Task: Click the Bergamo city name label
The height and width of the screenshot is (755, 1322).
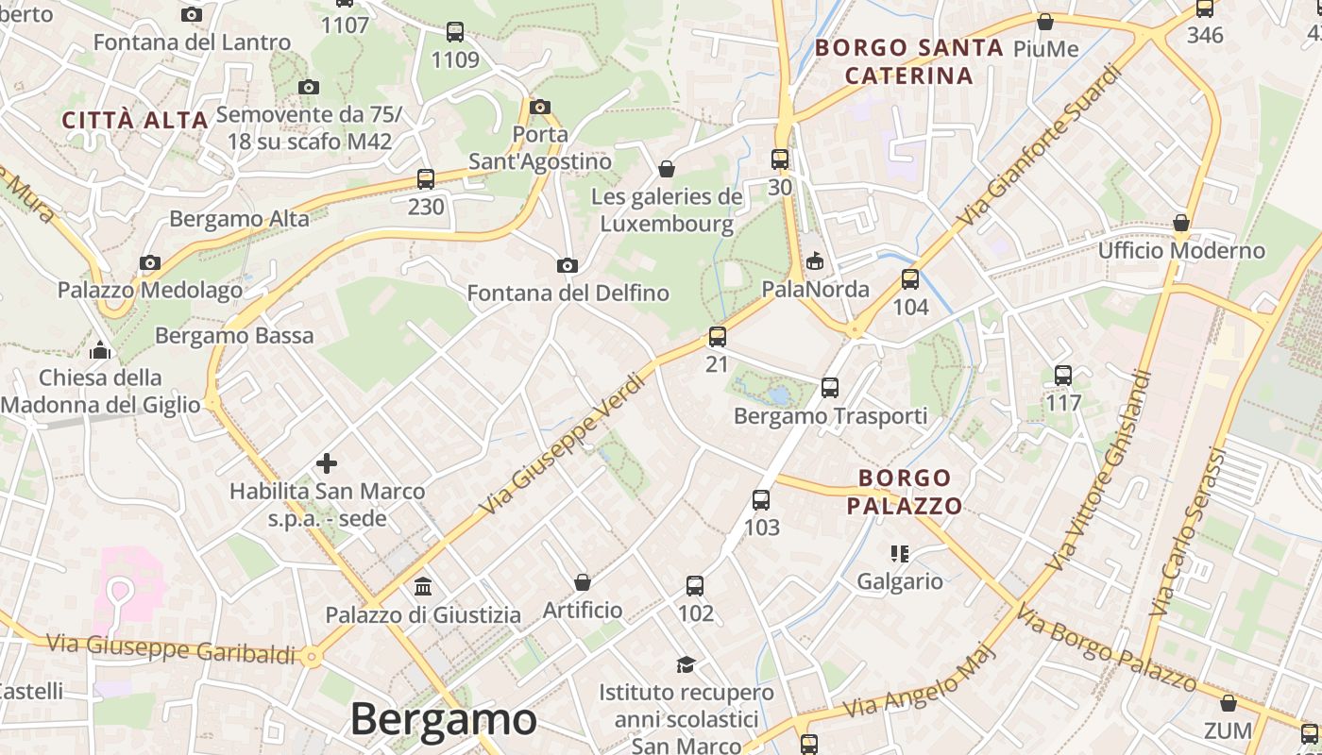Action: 443,720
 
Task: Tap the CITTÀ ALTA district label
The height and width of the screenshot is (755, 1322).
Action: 135,120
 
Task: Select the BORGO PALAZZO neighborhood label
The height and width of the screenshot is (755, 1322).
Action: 905,492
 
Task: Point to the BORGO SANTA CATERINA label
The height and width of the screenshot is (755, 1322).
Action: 908,61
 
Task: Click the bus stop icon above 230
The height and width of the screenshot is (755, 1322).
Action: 426,179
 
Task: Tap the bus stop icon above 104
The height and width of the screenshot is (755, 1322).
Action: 910,279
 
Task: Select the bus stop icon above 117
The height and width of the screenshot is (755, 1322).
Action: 1063,376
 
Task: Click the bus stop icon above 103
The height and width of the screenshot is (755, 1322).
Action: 761,500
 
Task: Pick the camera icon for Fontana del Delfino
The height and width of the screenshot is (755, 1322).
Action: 568,266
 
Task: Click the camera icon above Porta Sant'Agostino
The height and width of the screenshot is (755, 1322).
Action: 540,107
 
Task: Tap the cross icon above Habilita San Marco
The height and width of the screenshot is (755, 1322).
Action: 327,463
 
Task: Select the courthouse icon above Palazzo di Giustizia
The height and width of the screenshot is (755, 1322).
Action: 423,587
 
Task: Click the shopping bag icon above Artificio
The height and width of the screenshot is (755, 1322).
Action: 583,582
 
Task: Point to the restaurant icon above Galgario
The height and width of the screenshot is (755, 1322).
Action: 899,554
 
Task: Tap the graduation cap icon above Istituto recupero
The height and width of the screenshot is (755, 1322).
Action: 686,665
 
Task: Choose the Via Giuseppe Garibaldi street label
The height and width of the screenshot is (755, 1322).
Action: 171,648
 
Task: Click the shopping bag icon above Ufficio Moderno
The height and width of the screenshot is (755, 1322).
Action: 1180,224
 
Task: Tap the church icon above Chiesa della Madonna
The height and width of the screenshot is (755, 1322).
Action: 100,351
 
